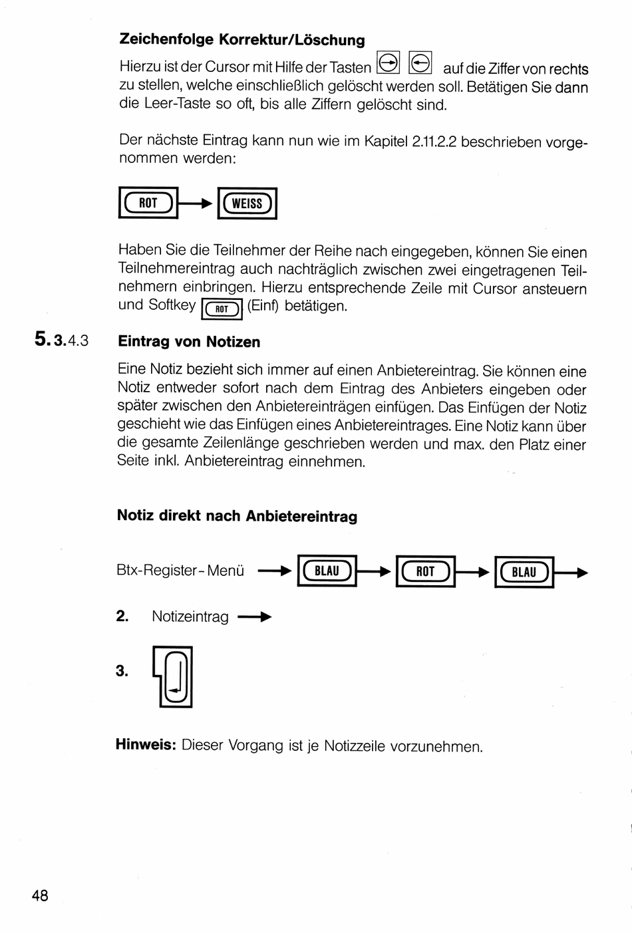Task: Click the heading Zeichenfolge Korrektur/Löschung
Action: coord(242,40)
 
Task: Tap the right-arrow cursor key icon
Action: coord(388,63)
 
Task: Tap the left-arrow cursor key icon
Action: coord(420,63)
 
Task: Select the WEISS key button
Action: coord(247,203)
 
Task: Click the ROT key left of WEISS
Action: coord(148,203)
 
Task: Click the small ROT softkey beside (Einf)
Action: coord(222,309)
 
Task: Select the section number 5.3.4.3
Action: coord(61,340)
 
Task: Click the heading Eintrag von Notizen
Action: coord(189,342)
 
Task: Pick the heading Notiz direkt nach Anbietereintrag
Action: coord(237,516)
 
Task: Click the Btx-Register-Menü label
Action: coord(180,571)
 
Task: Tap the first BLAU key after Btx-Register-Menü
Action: coord(327,571)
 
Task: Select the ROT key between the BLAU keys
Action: coord(425,572)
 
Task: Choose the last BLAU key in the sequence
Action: coord(524,573)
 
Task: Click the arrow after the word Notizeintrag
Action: coord(255,617)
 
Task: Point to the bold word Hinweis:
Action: coord(145,745)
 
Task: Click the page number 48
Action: coord(40,896)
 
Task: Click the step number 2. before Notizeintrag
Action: coord(122,616)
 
